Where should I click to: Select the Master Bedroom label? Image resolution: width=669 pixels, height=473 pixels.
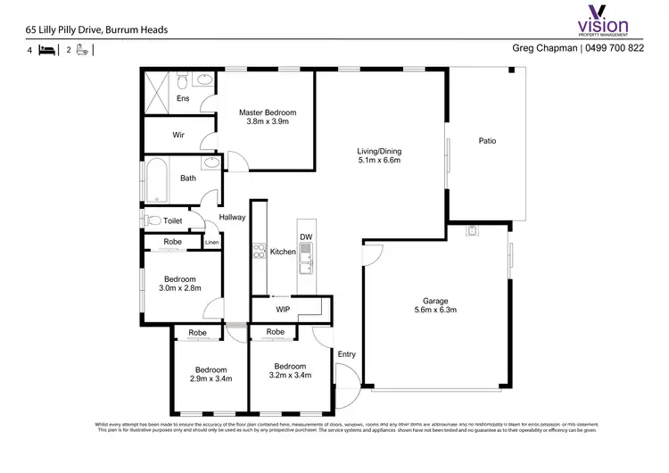pyautogui.click(x=267, y=118)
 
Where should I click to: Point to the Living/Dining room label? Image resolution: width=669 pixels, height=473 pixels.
pyautogui.click(x=379, y=157)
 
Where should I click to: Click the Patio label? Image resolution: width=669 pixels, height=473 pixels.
pyautogui.click(x=487, y=141)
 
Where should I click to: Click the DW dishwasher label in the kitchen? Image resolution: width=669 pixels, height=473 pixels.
pyautogui.click(x=305, y=236)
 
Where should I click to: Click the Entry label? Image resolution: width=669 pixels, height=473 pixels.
pyautogui.click(x=347, y=354)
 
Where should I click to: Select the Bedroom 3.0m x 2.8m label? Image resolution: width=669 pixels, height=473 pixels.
pyautogui.click(x=180, y=283)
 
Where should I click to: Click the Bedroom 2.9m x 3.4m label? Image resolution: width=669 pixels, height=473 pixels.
pyautogui.click(x=211, y=374)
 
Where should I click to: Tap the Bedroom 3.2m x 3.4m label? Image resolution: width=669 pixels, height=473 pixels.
pyautogui.click(x=291, y=371)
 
